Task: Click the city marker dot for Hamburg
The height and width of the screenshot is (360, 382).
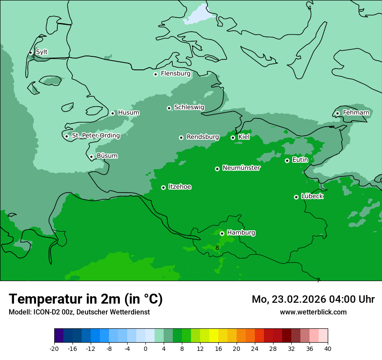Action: tap(222, 233)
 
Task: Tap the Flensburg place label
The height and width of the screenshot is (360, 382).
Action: tap(175, 74)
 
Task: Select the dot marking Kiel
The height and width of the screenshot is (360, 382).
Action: tap(233, 137)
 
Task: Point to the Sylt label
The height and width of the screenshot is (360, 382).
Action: tap(42, 52)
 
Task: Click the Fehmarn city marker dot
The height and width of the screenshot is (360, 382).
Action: tap(337, 114)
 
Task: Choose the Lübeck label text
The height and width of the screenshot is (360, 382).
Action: tap(312, 196)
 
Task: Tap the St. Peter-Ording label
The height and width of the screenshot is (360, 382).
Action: tap(95, 136)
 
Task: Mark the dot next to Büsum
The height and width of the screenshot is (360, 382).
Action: tap(91, 157)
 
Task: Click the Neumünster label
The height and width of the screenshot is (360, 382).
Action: tap(241, 168)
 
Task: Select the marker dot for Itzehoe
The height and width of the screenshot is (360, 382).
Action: tap(163, 187)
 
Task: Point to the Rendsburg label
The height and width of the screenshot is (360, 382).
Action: tap(203, 137)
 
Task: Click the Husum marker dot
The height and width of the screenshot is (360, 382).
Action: tap(112, 113)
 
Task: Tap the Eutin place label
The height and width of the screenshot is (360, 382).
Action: tap(300, 160)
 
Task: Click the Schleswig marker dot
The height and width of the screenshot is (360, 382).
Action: tap(169, 108)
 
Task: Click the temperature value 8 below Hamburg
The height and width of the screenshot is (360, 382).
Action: tap(217, 248)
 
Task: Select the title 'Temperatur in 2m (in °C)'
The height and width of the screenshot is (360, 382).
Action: tap(86, 299)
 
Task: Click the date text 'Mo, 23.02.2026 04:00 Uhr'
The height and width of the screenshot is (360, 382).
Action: tap(313, 299)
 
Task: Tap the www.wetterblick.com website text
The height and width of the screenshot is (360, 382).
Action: tap(313, 312)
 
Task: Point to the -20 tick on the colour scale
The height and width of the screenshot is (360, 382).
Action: tap(54, 349)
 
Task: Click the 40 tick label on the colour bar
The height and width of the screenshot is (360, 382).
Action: tap(327, 349)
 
